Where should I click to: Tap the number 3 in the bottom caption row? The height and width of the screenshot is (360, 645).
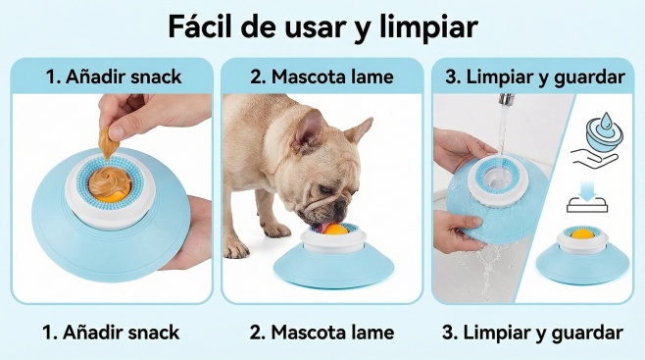pyautogui.click(x=448, y=333)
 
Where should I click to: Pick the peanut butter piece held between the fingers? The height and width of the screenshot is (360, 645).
pyautogui.click(x=107, y=143)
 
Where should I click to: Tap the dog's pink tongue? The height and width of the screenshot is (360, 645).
pyautogui.click(x=322, y=228)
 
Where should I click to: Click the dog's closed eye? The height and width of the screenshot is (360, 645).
pyautogui.click(x=325, y=190)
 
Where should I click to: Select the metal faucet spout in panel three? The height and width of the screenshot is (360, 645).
pyautogui.click(x=507, y=100)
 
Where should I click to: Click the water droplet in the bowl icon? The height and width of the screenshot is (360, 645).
pyautogui.click(x=606, y=122)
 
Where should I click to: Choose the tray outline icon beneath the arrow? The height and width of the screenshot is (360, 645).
pyautogui.click(x=587, y=204)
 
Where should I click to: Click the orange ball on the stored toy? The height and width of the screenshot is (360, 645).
pyautogui.click(x=582, y=234)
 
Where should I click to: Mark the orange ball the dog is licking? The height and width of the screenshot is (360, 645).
pyautogui.click(x=335, y=229)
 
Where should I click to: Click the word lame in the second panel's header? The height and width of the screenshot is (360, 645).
pyautogui.click(x=373, y=77)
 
